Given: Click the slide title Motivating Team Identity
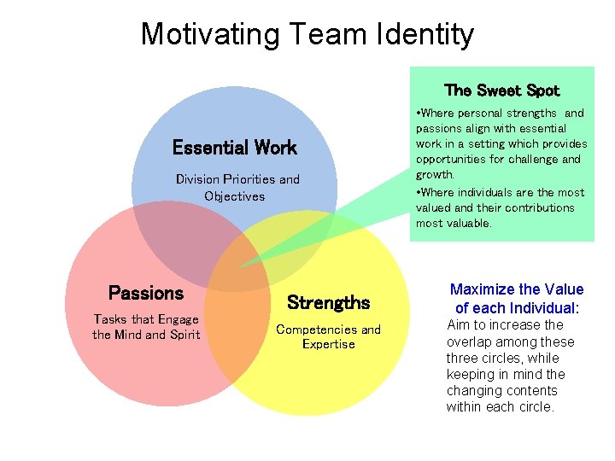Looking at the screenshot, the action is [307, 34].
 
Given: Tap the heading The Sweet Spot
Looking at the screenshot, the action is [501, 90].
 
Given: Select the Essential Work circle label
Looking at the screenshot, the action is [234, 148].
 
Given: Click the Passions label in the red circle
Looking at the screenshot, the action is [146, 294].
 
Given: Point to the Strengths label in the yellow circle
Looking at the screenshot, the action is [329, 303].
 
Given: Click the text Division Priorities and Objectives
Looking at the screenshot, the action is [237, 188].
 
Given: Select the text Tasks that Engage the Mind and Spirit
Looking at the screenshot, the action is [146, 327].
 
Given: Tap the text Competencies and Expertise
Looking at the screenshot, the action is [328, 336].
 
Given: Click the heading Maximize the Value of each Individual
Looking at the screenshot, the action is [517, 299].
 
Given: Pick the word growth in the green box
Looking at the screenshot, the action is [434, 175].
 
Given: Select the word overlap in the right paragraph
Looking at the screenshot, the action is [471, 341].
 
